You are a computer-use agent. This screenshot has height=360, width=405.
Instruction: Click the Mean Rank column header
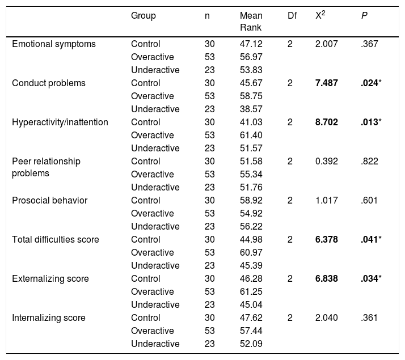251,22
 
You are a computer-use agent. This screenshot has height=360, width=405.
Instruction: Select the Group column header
144,16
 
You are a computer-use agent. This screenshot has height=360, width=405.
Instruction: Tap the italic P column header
364,16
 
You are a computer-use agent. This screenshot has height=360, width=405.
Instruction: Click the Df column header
292,16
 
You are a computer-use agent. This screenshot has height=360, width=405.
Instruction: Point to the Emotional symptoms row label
54,44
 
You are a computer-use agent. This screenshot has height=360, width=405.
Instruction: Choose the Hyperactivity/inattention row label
60,122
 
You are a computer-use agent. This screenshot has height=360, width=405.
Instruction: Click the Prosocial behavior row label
49,201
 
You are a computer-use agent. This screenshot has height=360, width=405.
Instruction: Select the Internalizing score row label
49,318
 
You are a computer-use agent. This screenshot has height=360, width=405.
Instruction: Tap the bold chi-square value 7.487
327,83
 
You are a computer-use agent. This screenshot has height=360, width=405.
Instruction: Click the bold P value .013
369,122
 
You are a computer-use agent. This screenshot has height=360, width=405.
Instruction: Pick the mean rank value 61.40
251,135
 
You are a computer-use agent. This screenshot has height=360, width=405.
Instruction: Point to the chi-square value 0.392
327,161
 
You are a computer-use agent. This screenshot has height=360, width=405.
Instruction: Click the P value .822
369,161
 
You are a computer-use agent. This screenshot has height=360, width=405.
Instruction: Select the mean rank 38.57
251,109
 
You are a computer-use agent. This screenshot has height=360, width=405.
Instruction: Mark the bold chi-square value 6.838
327,279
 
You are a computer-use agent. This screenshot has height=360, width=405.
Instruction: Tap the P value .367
369,44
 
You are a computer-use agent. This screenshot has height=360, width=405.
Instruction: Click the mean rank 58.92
251,201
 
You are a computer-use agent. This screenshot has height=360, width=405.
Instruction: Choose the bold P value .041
369,239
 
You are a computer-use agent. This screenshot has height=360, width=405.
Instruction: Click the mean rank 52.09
251,344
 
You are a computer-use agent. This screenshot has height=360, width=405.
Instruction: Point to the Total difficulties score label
55,239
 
